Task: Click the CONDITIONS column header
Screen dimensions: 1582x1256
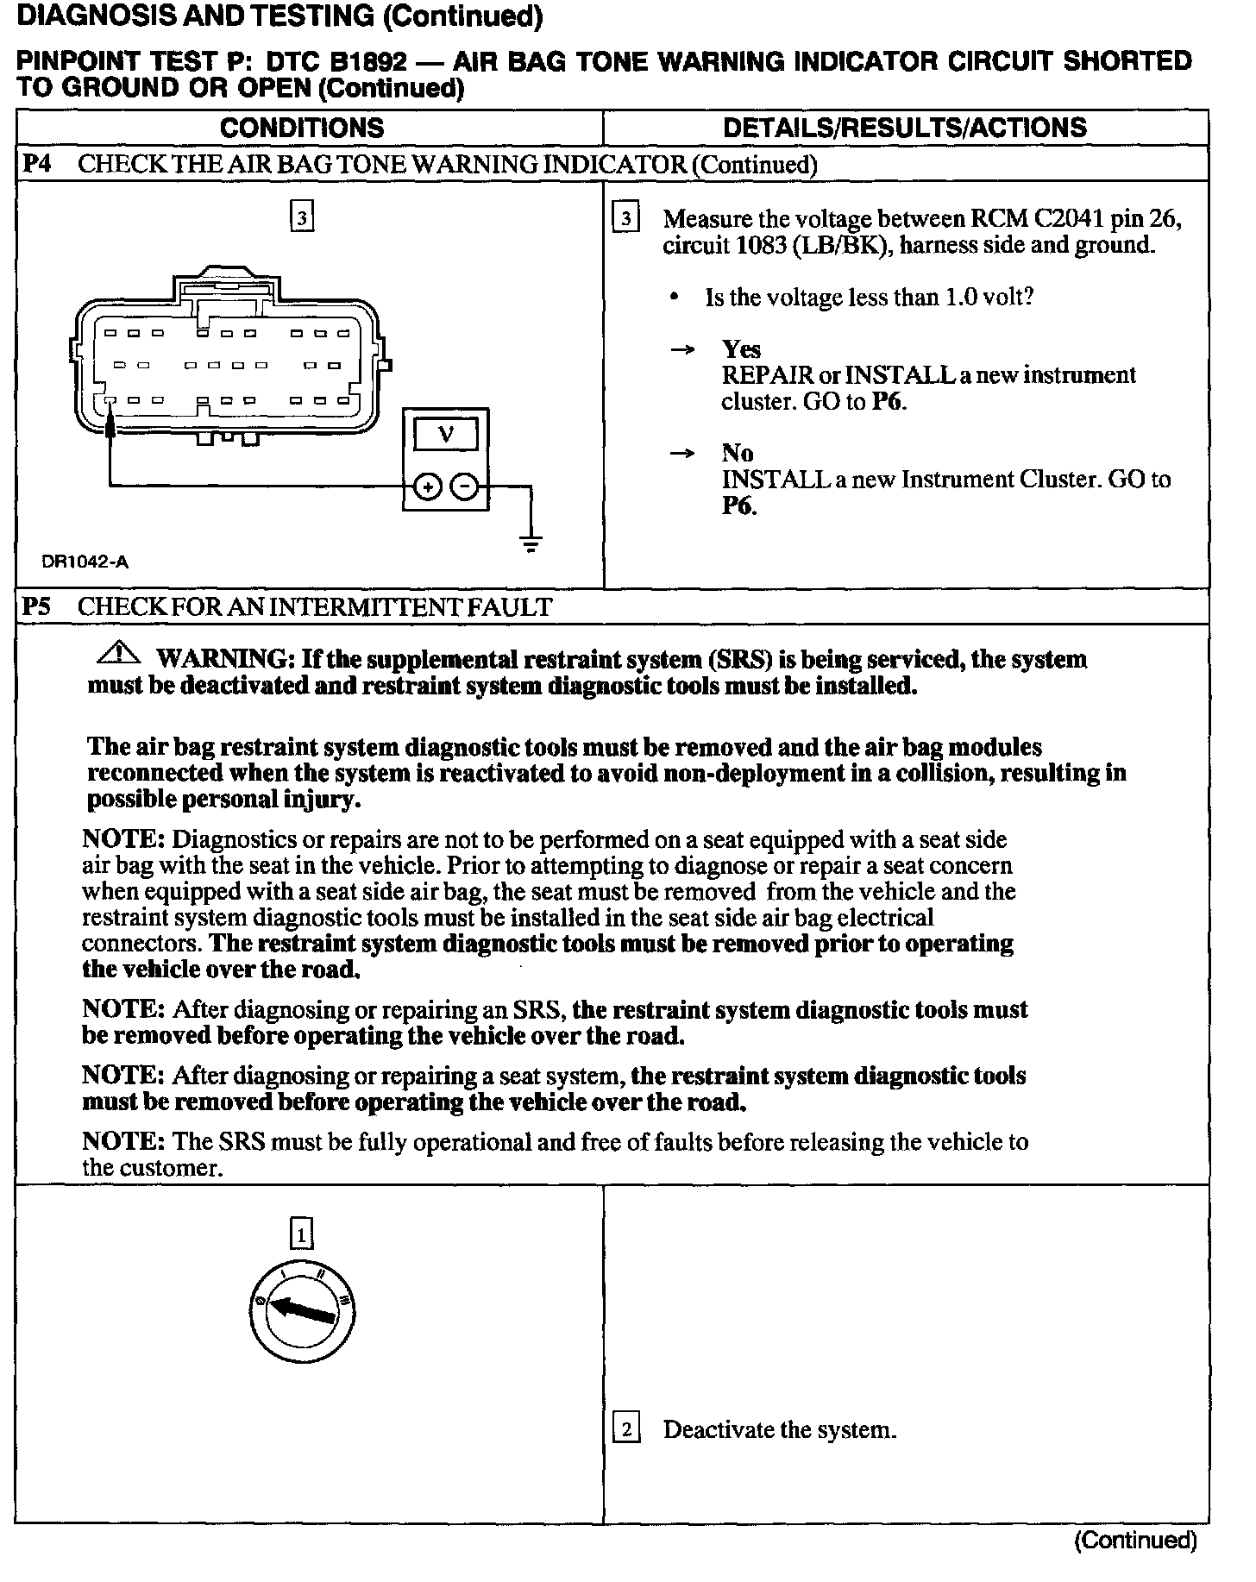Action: click(302, 128)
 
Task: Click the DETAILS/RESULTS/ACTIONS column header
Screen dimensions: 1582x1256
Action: click(904, 128)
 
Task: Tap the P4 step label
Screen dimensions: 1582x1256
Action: click(36, 164)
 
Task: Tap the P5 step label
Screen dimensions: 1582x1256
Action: click(36, 606)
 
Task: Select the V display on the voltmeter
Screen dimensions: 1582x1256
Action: click(445, 433)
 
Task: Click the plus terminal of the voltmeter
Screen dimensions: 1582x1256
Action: click(427, 487)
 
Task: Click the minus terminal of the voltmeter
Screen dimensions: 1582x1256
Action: click(465, 487)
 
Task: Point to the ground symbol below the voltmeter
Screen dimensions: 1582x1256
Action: click(531, 543)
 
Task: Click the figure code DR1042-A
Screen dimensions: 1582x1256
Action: click(85, 562)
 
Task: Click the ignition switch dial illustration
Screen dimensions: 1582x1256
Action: click(302, 1311)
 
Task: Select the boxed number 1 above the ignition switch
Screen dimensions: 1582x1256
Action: click(301, 1235)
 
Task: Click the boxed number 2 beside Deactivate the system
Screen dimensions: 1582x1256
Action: click(626, 1429)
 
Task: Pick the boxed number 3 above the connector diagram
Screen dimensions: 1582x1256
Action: click(302, 217)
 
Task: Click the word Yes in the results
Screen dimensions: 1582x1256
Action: click(741, 349)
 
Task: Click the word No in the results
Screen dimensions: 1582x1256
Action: click(738, 453)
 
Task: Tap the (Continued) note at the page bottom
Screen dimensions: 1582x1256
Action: click(1135, 1540)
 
